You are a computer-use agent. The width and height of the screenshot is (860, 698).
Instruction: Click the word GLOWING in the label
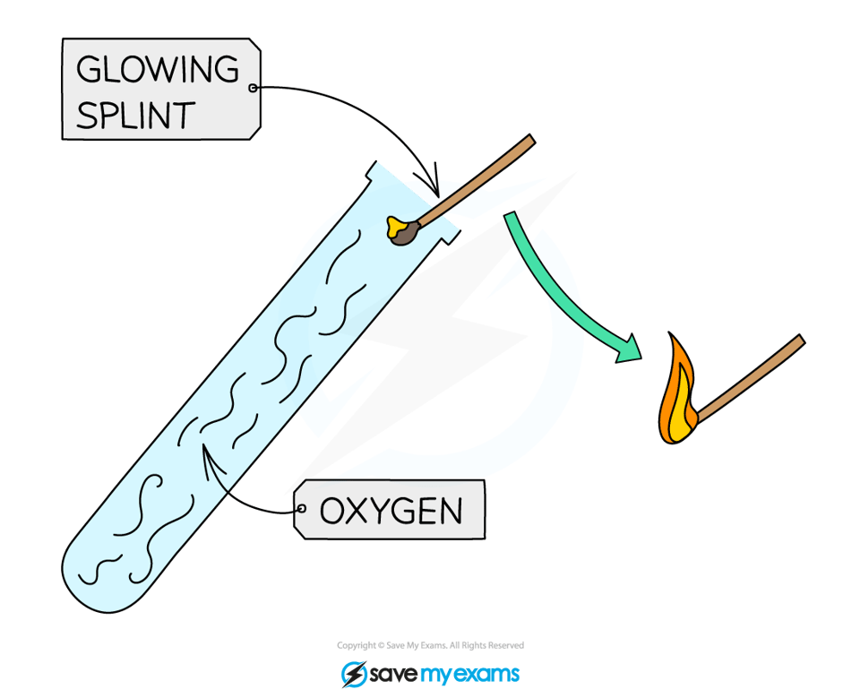[x=158, y=69]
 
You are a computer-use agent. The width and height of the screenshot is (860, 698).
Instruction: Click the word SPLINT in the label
[x=135, y=115]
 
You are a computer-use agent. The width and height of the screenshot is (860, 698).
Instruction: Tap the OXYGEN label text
[x=391, y=512]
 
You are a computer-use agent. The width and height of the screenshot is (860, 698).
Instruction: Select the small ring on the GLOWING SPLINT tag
[x=252, y=88]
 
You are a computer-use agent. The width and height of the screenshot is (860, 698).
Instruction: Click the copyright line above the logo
[x=430, y=645]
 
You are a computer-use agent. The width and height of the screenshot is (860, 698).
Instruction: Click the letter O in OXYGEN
[x=332, y=512]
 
